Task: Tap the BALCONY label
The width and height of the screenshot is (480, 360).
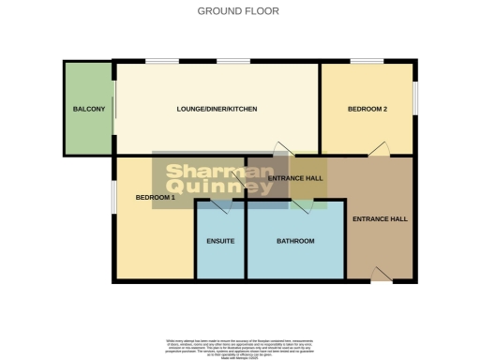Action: (88, 110)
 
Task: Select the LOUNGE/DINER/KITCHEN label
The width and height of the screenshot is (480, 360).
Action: (217, 110)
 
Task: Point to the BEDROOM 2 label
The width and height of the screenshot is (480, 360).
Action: (367, 110)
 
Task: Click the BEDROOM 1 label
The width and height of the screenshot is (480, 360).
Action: (156, 198)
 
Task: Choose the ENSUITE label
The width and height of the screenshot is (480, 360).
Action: (220, 242)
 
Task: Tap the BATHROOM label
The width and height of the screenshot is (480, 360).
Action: (295, 242)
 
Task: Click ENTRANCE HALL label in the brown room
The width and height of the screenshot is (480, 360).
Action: (380, 219)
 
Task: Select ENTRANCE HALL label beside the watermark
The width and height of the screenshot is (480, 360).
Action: (295, 178)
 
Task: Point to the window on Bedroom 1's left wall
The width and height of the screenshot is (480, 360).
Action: (114, 198)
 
